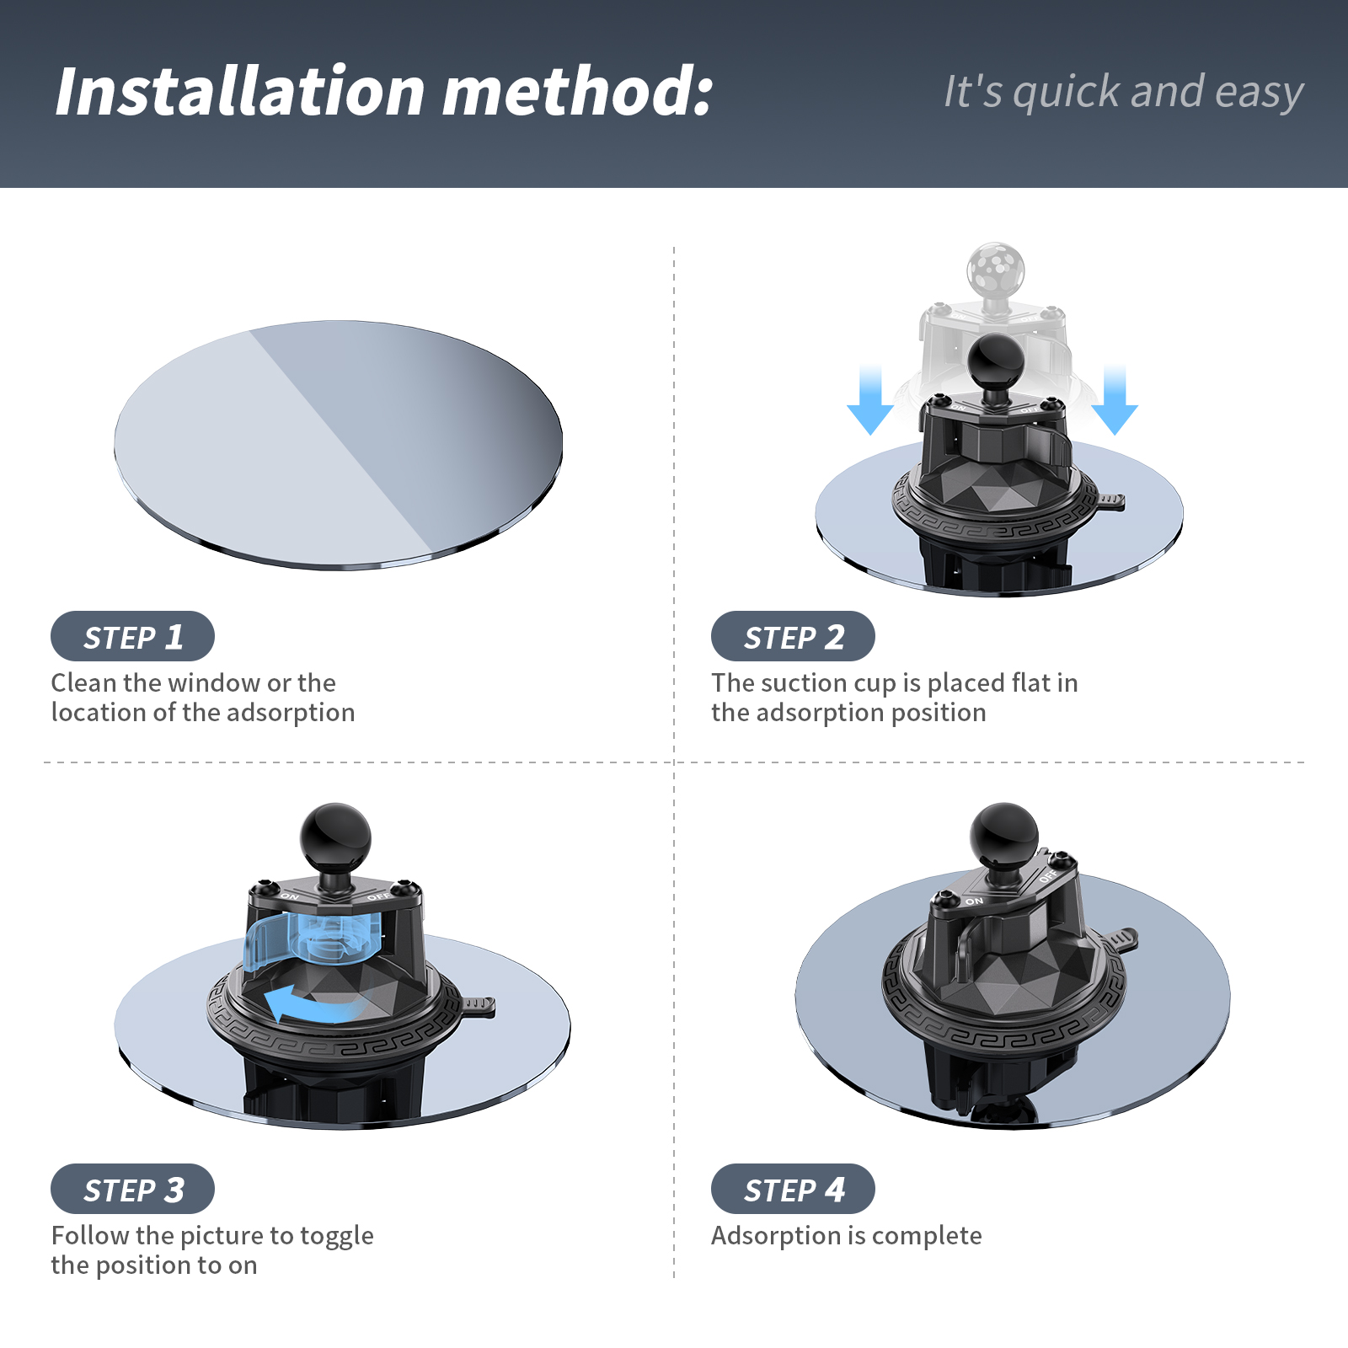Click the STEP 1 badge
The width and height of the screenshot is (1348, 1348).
pyautogui.click(x=132, y=636)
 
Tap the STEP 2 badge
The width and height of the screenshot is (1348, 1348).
pyautogui.click(x=793, y=636)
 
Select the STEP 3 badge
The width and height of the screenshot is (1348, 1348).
pyautogui.click(x=132, y=1189)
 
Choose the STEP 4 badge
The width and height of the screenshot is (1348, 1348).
pyautogui.click(x=793, y=1189)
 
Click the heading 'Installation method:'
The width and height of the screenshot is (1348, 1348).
pyautogui.click(x=384, y=91)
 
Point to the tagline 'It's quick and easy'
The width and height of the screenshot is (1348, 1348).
pyautogui.click(x=1124, y=91)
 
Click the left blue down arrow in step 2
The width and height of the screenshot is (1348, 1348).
pyautogui.click(x=870, y=400)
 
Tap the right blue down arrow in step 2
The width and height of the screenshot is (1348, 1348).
pyautogui.click(x=1115, y=400)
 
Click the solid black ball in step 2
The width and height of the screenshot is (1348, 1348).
pyautogui.click(x=996, y=361)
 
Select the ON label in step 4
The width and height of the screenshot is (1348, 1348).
pyautogui.click(x=974, y=901)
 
